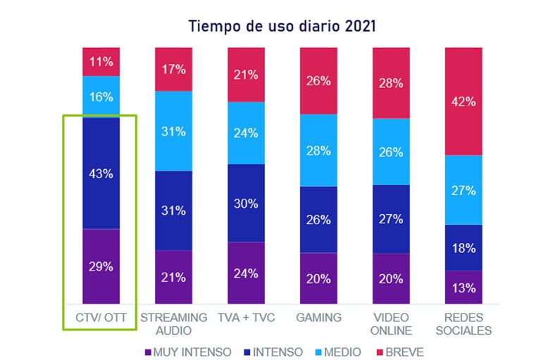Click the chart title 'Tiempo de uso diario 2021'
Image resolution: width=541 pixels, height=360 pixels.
pyautogui.click(x=282, y=26)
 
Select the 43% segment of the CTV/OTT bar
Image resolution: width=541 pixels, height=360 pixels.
pyautogui.click(x=101, y=173)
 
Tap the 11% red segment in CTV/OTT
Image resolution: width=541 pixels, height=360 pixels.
pyautogui.click(x=101, y=61)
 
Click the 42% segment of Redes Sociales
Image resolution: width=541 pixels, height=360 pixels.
pyautogui.click(x=464, y=101)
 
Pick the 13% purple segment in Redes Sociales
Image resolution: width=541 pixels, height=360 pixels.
pyautogui.click(x=464, y=287)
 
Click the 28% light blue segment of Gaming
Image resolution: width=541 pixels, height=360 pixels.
pyautogui.click(x=318, y=150)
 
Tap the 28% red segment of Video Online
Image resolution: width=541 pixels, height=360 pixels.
pyautogui.click(x=391, y=83)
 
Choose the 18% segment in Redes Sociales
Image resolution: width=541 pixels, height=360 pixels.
pyautogui.click(x=464, y=247)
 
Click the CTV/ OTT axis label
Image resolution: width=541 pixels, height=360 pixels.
pyautogui.click(x=101, y=318)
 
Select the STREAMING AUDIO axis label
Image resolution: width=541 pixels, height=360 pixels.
pyautogui.click(x=173, y=324)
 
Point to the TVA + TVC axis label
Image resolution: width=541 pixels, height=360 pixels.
pyautogui.click(x=246, y=318)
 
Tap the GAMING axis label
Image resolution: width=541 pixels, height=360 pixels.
pyautogui.click(x=318, y=318)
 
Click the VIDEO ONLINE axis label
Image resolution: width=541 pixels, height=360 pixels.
pyautogui.click(x=391, y=324)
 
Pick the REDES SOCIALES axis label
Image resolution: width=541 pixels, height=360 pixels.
pyautogui.click(x=464, y=324)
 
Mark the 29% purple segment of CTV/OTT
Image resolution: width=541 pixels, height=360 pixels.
pyautogui.click(x=101, y=267)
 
